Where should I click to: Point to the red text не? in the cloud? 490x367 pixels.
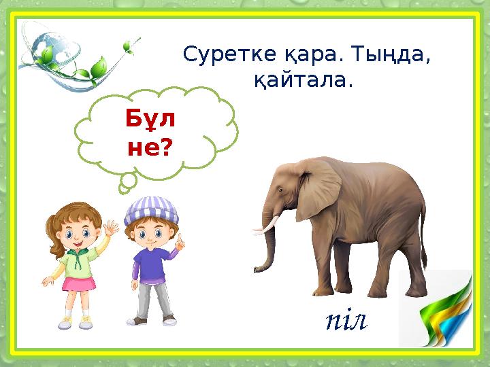pos(149,147)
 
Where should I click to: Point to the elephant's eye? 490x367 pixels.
pos(284,188)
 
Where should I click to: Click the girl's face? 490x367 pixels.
pos(75,235)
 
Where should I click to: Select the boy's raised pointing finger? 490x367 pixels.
pos(178,241)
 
